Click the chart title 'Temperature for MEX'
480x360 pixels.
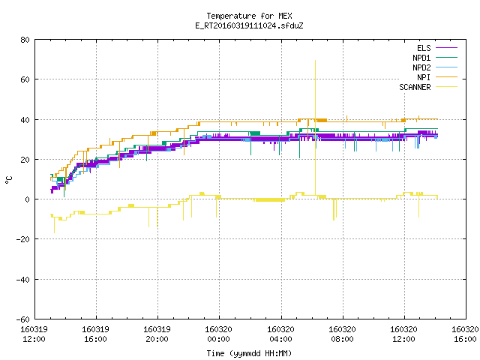pyautogui.click(x=249, y=16)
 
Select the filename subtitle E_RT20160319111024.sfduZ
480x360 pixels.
pyautogui.click(x=249, y=25)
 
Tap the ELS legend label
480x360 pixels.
pyautogui.click(x=424, y=48)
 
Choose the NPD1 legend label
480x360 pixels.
pyautogui.click(x=421, y=58)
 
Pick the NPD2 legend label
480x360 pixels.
pyautogui.click(x=421, y=67)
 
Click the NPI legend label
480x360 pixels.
pyautogui.click(x=424, y=77)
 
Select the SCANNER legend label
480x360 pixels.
pyautogui.click(x=415, y=87)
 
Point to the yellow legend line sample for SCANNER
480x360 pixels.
pyautogui.click(x=446, y=87)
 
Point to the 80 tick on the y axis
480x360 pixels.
pyautogui.click(x=25, y=40)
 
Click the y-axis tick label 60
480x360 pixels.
pyautogui.click(x=25, y=79)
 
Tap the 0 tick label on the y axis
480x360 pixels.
pyautogui.click(x=28, y=199)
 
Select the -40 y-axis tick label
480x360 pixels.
pyautogui.click(x=23, y=280)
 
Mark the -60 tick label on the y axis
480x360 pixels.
pyautogui.click(x=23, y=319)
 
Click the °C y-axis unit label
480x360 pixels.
pyautogui.click(x=8, y=180)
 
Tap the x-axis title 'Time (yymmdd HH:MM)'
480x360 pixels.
pyautogui.click(x=249, y=353)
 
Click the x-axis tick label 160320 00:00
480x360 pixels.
pyautogui.click(x=218, y=334)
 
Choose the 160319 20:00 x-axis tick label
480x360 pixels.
pyautogui.click(x=157, y=334)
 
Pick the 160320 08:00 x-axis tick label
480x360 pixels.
pyautogui.click(x=342, y=334)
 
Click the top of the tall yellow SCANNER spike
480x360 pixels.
pyautogui.click(x=315, y=60)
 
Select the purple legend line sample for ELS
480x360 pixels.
pyautogui.click(x=446, y=48)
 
